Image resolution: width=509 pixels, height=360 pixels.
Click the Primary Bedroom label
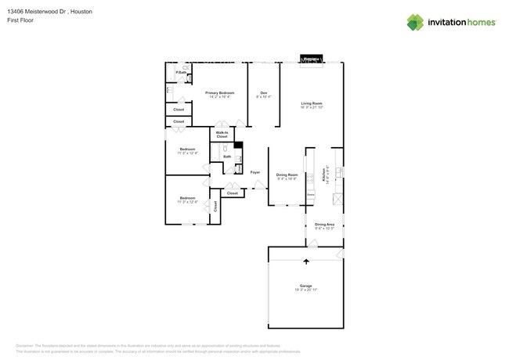pos(220,92)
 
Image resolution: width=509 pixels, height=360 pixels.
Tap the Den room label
pos(264,92)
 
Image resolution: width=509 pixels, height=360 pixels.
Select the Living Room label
pos(312,103)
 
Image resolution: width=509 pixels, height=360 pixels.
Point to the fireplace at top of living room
pos(312,59)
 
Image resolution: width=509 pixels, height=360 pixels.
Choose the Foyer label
pos(255,172)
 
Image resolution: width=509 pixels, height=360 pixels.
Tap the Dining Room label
pos(287,175)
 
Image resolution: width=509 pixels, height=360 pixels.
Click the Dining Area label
pos(325,225)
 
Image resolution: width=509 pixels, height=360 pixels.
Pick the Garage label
pos(305,286)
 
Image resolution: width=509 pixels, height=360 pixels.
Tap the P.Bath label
pos(180,73)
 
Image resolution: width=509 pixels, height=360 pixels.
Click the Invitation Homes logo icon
pos(415,22)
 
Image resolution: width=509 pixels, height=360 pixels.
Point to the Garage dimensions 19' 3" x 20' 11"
pos(305,290)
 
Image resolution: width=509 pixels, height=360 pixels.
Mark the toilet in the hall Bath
pos(226,147)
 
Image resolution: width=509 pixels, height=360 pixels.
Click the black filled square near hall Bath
pos(238,145)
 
